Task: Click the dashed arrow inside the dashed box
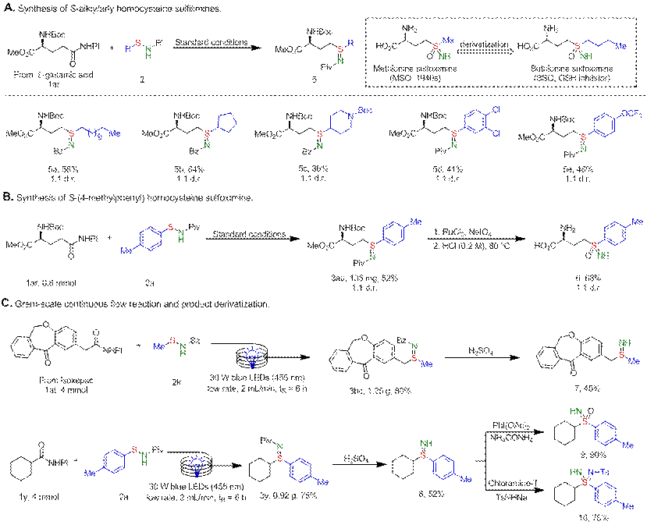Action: point(480,47)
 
